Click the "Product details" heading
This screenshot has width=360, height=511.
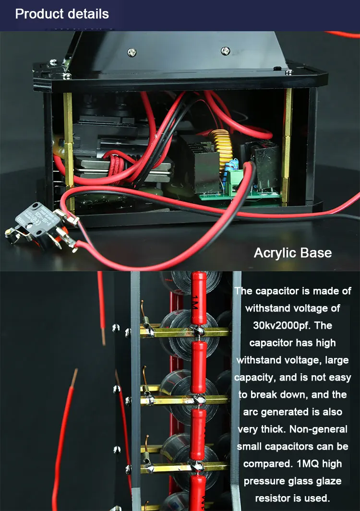tap(62, 14)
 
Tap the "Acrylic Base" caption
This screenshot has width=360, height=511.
tap(292, 253)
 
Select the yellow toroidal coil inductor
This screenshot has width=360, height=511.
tap(222, 149)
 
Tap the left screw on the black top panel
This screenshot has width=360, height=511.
tap(132, 52)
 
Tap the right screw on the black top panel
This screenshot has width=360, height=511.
tap(225, 50)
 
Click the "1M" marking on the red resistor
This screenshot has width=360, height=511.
tap(195, 302)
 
